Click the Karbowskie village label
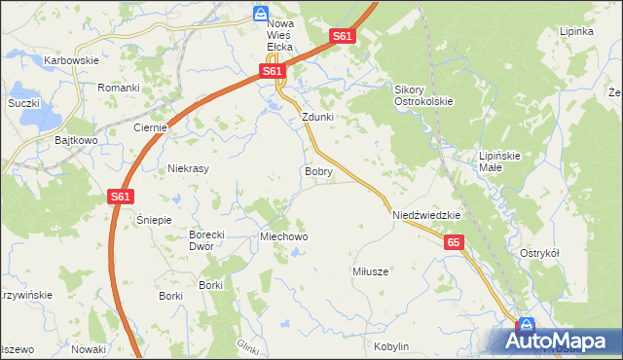click(x=72, y=60)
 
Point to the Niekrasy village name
click(x=190, y=168)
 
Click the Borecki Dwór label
click(x=206, y=240)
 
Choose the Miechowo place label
click(x=283, y=236)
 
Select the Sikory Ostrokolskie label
click(x=423, y=94)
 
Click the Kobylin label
click(x=391, y=346)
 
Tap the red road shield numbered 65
click(x=455, y=242)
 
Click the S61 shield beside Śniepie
click(x=119, y=197)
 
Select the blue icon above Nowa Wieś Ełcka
click(x=260, y=13)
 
